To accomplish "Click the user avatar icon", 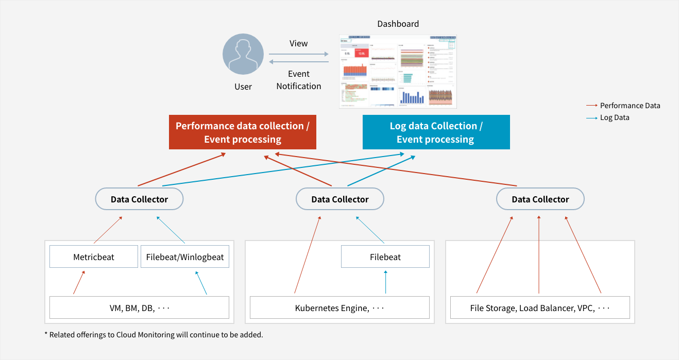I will tap(243, 55).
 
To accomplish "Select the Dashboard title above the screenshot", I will tap(398, 24).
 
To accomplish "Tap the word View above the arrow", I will tap(298, 43).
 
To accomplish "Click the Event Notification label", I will tap(298, 80).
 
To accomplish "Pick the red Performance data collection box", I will tap(243, 132).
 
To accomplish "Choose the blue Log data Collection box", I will tap(436, 132).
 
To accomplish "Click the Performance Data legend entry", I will tap(630, 106).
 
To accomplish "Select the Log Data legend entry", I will tap(614, 117).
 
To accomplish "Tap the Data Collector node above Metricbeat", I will tap(139, 199).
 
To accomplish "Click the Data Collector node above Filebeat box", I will tap(340, 199).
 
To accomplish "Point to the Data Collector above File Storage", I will tap(540, 199).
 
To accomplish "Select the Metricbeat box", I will tap(94, 256).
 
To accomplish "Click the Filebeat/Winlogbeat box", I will tap(185, 256).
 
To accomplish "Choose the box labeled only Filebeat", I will tap(385, 256).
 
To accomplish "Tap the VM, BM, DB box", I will tap(139, 308).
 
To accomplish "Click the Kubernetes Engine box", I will tap(339, 308).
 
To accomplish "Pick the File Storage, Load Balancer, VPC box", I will tap(540, 308).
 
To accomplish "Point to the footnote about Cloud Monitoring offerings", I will tap(154, 335).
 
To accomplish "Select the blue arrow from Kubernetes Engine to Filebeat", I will tap(385, 282).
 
